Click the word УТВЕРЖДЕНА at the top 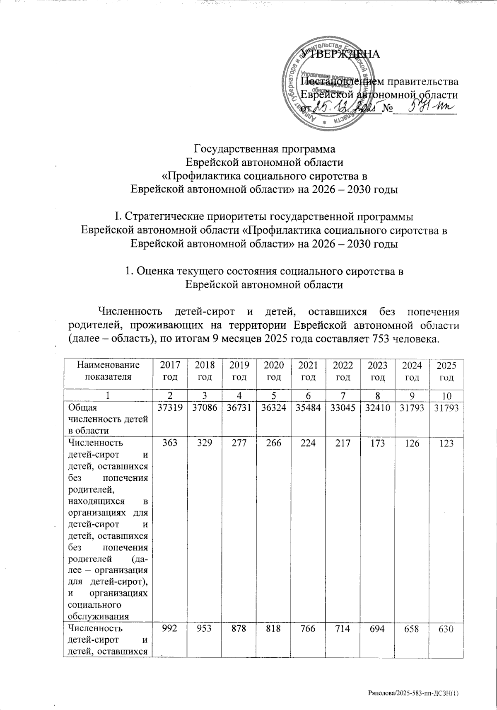339,54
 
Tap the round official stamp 325,85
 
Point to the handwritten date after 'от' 346,109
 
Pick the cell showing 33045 344,408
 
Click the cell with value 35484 309,408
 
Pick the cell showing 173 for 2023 379,443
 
